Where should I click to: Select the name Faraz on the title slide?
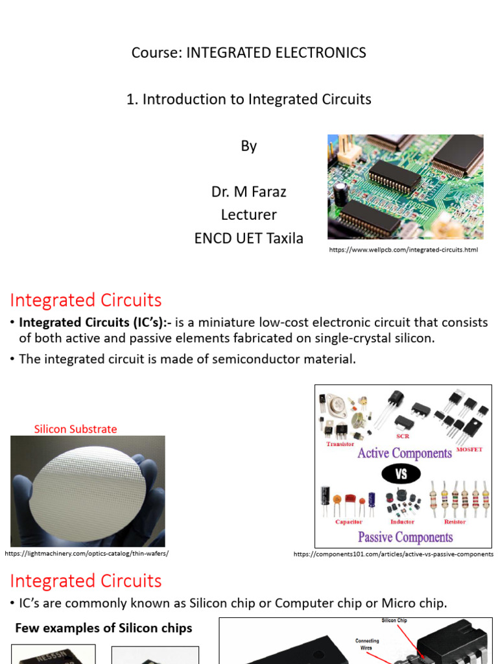266,192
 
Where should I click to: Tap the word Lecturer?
249,215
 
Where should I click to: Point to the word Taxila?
281,238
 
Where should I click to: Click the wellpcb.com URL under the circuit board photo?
403,250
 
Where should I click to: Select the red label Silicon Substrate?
75,429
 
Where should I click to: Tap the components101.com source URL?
394,554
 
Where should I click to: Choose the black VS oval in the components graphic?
401,474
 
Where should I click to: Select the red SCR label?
403,436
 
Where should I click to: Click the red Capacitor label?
349,521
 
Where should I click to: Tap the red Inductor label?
403,521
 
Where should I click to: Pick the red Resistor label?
455,521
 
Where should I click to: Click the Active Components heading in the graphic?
405,453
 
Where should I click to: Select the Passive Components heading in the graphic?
405,537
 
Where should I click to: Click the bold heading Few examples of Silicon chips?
104,628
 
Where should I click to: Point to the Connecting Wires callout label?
368,644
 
